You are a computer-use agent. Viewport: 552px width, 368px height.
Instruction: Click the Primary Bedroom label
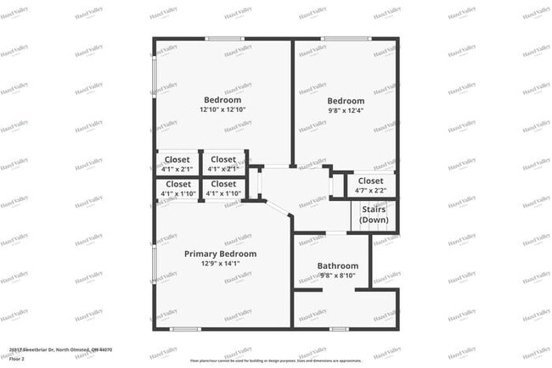[220, 254]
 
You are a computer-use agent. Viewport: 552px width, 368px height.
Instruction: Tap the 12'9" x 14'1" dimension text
[220, 264]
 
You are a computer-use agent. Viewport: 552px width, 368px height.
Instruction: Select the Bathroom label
[338, 265]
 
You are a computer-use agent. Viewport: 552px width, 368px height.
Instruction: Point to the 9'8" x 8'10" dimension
[338, 276]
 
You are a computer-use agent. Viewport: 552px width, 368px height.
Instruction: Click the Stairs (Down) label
[374, 215]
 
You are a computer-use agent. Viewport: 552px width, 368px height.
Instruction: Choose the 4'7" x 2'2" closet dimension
[370, 192]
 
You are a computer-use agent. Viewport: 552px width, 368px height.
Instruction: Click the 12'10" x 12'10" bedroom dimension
[222, 109]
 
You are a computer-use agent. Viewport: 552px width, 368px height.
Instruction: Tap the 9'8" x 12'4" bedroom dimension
[346, 111]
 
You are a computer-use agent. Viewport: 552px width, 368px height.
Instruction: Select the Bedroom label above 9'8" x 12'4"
[346, 101]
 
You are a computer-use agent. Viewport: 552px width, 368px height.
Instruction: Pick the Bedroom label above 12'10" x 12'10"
[222, 99]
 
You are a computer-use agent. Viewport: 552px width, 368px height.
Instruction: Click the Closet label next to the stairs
[370, 181]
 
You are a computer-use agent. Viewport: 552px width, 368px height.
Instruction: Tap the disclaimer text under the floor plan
[276, 360]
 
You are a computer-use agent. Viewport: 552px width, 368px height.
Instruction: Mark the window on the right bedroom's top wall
[334, 39]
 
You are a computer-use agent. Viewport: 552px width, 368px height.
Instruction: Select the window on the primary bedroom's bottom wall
[184, 328]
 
